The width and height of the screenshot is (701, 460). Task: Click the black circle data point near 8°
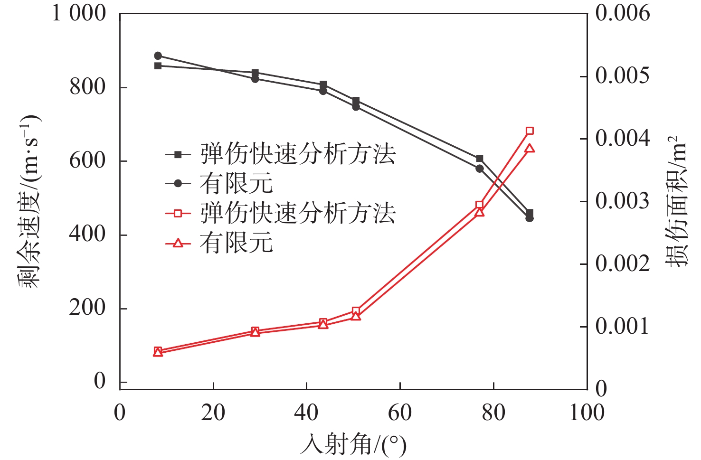158,56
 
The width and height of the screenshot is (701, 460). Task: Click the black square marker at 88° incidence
530,213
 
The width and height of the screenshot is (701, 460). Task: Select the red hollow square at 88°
530,131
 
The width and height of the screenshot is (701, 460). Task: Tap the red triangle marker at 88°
530,149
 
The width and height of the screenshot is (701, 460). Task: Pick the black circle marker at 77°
479,169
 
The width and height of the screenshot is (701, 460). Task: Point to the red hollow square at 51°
356,311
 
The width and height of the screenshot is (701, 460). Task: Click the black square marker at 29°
255,73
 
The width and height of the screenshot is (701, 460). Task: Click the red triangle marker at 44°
323,325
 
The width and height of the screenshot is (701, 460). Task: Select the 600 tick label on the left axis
87,160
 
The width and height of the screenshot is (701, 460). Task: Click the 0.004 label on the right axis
622,139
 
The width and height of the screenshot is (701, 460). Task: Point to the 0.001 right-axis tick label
622,327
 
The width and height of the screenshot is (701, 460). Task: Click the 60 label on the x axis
400,413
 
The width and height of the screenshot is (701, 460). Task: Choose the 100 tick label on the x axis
587,413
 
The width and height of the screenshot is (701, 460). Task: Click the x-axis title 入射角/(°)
353,445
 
